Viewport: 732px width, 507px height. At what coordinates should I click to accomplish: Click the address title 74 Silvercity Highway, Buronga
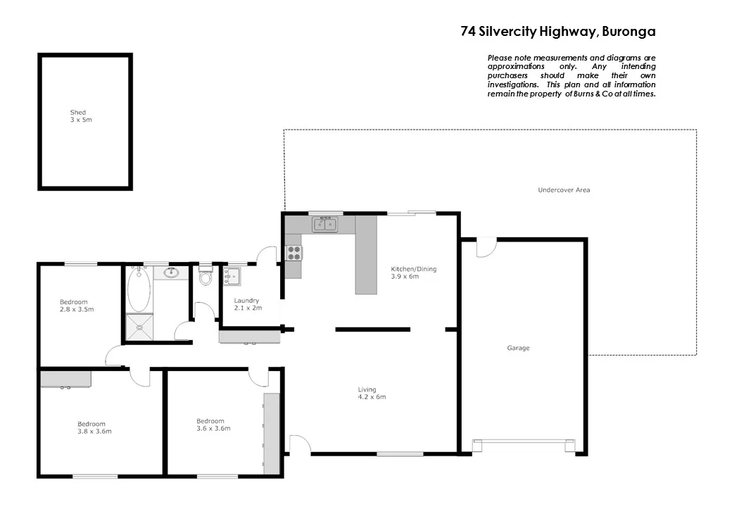pyautogui.click(x=557, y=32)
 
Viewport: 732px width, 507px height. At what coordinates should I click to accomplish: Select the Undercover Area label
pyautogui.click(x=564, y=190)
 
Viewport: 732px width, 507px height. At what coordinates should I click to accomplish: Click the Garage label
pyautogui.click(x=518, y=348)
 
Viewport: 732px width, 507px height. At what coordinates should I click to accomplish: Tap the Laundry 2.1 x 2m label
pyautogui.click(x=246, y=304)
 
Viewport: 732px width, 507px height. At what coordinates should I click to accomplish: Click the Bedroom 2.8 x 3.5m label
pyautogui.click(x=77, y=306)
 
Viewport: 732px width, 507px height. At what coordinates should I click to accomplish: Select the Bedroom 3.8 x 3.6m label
pyautogui.click(x=94, y=427)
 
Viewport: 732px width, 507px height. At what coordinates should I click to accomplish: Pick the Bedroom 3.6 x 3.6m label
pyautogui.click(x=213, y=425)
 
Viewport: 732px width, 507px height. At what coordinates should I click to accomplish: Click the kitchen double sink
pyautogui.click(x=324, y=224)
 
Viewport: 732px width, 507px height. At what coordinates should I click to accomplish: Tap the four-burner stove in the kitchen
pyautogui.click(x=294, y=252)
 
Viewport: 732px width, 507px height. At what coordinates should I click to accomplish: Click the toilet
pyautogui.click(x=206, y=277)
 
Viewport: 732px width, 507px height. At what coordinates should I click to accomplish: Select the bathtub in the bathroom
pyautogui.click(x=138, y=289)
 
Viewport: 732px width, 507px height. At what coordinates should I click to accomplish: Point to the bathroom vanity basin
pyautogui.click(x=170, y=273)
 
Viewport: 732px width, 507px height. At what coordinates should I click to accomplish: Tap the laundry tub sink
pyautogui.click(x=232, y=276)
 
